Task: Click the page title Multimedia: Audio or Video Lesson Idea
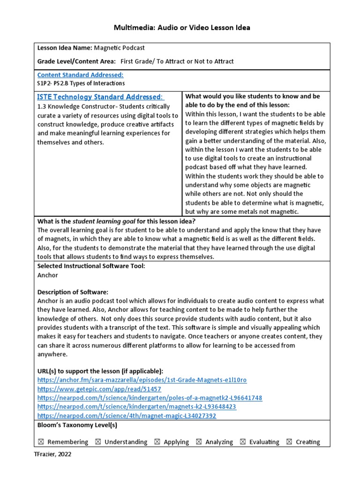(182, 28)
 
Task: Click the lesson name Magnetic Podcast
(120, 48)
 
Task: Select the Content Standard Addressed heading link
(80, 75)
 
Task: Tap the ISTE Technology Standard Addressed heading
(100, 97)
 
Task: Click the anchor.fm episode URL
(142, 380)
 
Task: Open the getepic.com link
(99, 389)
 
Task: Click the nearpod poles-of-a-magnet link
(150, 397)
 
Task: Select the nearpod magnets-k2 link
(136, 406)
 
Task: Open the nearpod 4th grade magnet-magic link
(127, 415)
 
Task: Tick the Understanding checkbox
(97, 442)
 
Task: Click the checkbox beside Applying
(157, 442)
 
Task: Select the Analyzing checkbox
(199, 442)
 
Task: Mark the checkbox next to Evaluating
(242, 442)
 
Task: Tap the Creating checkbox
(289, 442)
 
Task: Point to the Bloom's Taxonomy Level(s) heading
(77, 425)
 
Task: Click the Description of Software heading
(72, 292)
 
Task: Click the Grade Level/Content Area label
(76, 61)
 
